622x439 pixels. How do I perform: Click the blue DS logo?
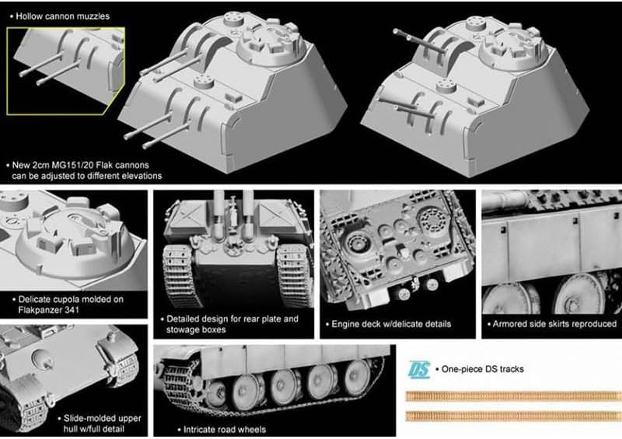(418, 370)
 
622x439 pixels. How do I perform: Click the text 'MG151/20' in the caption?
(74, 165)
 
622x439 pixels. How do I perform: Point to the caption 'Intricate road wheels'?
(225, 430)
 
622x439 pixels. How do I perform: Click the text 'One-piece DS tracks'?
(482, 369)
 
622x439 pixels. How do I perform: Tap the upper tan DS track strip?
(513, 395)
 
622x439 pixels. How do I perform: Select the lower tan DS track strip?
(513, 416)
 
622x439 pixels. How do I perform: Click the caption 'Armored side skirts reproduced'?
(554, 324)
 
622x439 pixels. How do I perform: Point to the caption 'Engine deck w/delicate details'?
(391, 324)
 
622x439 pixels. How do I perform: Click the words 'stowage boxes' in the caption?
(196, 330)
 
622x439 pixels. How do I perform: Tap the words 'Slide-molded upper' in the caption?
(103, 418)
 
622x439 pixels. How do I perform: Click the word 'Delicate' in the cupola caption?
(37, 299)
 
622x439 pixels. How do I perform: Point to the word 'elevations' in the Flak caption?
(142, 176)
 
